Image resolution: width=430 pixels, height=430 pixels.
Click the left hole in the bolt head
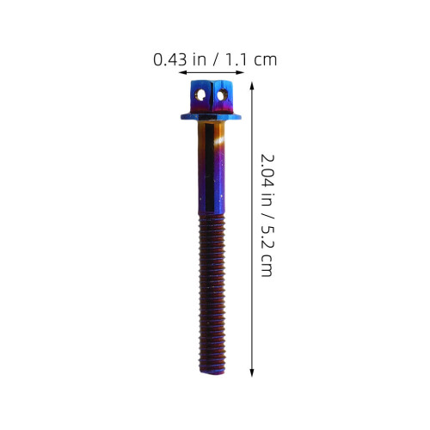click(200, 95)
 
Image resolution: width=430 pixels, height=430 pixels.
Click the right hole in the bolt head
click(222, 95)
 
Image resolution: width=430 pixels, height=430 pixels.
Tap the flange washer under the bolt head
click(211, 117)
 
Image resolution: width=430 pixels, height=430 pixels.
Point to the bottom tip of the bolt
click(212, 372)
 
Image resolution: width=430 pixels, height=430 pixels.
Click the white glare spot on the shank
click(219, 141)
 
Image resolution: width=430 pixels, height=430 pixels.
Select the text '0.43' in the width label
click(170, 60)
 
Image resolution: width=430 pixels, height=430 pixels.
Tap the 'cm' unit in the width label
click(266, 60)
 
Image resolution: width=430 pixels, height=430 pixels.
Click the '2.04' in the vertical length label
click(267, 171)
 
